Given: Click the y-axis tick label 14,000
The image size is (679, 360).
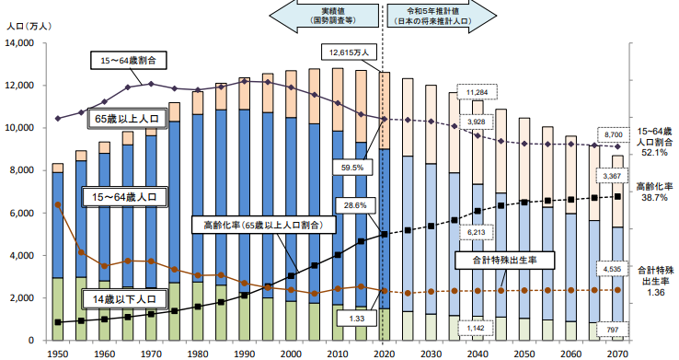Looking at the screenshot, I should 20,42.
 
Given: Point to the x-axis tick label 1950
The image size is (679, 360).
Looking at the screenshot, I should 56,353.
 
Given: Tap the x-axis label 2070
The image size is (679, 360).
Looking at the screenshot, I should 618,353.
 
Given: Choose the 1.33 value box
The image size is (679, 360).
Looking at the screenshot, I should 351,318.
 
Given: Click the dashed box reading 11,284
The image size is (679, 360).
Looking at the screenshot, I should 477,92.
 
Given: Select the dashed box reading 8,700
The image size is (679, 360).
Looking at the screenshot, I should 611,134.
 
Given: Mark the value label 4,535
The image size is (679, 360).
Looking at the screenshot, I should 611,270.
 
